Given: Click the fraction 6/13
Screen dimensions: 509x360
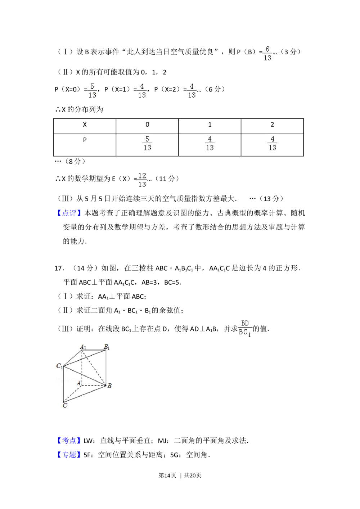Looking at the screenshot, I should point(267,53).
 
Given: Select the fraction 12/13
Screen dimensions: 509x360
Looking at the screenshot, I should point(142,180).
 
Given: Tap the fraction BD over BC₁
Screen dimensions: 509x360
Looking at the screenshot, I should point(245,328).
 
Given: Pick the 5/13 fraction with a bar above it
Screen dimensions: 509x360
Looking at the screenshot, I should point(147,143).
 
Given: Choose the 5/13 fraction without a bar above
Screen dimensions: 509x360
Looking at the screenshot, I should point(92,90).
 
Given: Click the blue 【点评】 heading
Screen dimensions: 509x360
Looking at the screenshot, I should point(69,212).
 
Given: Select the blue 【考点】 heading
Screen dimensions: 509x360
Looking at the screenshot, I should point(69,440).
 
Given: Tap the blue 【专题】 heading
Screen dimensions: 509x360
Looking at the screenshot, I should point(69,454).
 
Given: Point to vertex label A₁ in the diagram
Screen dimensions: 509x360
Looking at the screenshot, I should point(83,347).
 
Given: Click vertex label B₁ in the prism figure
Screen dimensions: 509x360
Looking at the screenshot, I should point(107,347).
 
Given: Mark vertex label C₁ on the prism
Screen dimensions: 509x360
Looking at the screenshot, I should point(59,366).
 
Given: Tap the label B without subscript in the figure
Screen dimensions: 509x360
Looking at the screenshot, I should point(109,386).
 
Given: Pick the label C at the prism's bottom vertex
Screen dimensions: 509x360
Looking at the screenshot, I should point(65,406).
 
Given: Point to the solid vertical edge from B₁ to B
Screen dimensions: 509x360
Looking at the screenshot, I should point(106,367).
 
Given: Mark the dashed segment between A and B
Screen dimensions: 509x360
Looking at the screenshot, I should point(94,386).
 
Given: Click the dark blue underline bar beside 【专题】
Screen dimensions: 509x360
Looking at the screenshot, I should point(88,459).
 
